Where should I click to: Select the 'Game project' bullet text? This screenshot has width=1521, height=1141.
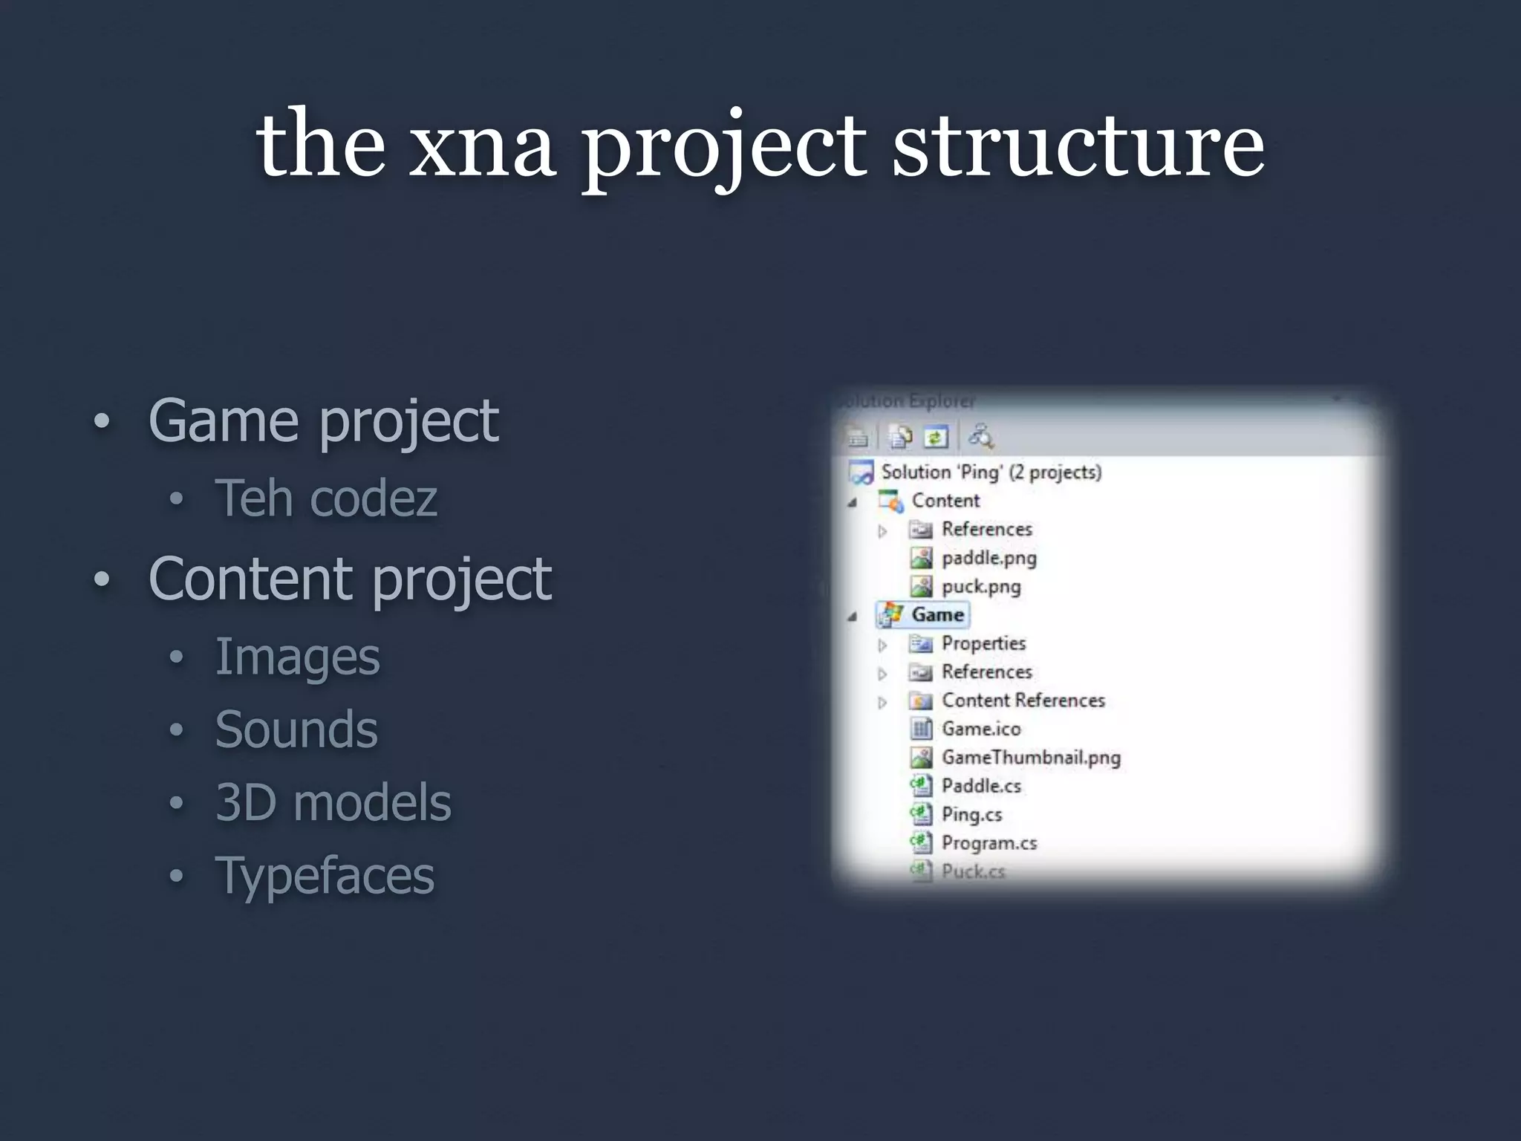323,421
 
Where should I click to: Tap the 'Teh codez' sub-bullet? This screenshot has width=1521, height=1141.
326,498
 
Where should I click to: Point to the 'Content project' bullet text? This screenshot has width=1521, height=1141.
350,579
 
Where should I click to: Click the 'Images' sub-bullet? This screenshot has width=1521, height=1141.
297,657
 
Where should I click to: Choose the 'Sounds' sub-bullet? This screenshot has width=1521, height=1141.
296,729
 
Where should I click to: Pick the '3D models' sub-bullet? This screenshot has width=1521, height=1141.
333,803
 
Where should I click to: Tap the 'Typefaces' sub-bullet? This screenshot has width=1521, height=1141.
325,876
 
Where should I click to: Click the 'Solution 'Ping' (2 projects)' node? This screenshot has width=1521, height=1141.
991,472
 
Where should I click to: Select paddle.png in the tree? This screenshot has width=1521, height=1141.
989,558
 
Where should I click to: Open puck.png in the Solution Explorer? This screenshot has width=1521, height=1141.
981,587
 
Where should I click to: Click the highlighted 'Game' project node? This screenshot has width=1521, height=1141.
937,615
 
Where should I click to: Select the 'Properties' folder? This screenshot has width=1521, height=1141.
983,643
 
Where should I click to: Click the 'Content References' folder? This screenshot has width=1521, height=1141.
1023,700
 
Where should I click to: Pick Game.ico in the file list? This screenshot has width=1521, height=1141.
981,729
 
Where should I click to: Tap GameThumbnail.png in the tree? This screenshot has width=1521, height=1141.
1031,758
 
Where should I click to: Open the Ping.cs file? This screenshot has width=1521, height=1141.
971,815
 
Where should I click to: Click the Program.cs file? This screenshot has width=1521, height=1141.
989,843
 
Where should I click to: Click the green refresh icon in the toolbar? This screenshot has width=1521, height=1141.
936,437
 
